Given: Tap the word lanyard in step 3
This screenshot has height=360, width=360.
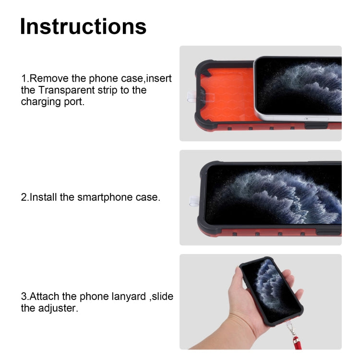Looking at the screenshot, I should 127,296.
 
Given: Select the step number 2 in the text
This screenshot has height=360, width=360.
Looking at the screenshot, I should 24,197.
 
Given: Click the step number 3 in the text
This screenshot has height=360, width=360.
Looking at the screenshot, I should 24,296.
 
